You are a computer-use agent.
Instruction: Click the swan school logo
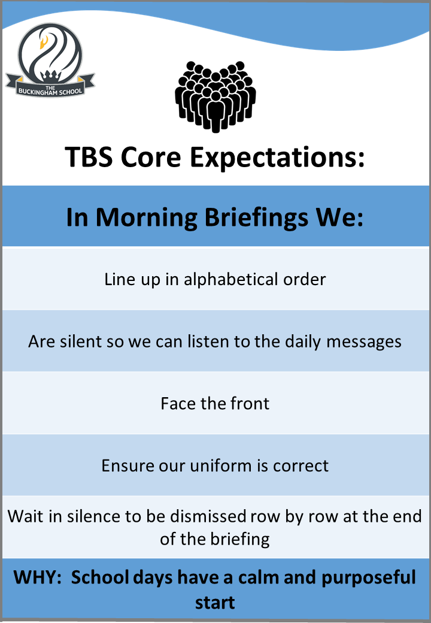[50, 59]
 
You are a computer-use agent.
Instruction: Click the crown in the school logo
[50, 75]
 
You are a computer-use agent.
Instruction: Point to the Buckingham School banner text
[50, 90]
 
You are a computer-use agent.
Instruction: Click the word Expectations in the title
[277, 158]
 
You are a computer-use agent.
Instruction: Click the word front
[250, 404]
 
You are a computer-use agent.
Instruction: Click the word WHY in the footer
[37, 577]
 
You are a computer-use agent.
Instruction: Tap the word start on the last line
[215, 603]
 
